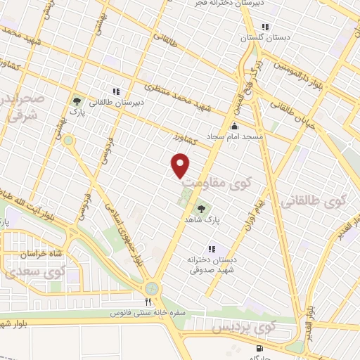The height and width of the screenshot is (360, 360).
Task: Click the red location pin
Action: (x=181, y=165)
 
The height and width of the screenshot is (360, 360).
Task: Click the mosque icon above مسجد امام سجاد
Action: (x=233, y=125)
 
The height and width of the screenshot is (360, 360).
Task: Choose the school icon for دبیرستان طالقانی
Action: (x=116, y=91)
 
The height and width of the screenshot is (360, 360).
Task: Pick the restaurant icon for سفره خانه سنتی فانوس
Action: (x=148, y=302)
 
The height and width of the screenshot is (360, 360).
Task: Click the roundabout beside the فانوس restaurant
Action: (x=152, y=288)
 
